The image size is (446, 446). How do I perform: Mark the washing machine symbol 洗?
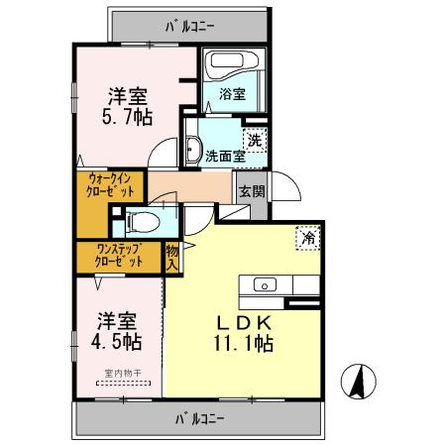[254, 141]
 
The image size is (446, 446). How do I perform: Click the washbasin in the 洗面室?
[194, 149]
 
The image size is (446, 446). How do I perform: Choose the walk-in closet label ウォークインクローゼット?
[109, 186]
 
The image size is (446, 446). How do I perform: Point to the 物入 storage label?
[172, 258]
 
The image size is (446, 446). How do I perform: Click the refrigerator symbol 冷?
[307, 239]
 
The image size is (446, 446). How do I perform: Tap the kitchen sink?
[267, 285]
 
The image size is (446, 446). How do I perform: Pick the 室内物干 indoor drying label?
[120, 375]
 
